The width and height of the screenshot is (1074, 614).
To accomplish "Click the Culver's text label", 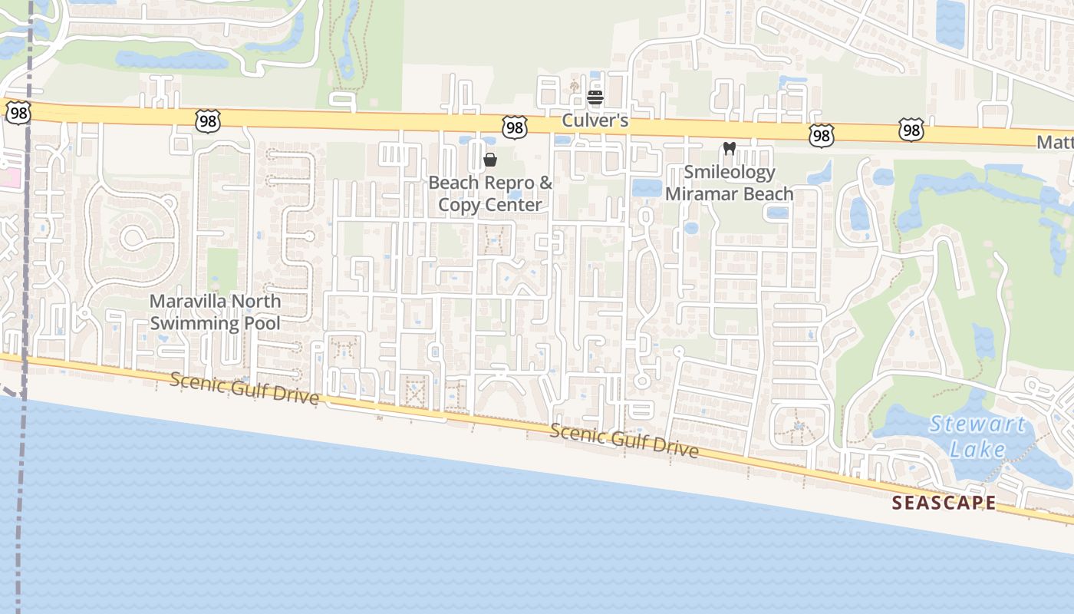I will point(595,120).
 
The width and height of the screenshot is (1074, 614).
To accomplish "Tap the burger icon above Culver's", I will point(595,97).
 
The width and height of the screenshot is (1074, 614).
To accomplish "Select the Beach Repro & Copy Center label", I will point(490,193).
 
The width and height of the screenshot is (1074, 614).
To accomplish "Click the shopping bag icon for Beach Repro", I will point(490,160).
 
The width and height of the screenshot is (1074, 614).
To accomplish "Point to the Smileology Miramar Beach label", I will point(729,183).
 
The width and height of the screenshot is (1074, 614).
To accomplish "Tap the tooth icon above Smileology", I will point(729,148).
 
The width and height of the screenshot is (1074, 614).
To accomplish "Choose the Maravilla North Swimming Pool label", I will point(215,312).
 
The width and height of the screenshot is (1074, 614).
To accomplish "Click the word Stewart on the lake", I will point(977,424).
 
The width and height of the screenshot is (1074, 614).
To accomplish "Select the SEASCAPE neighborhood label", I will point(944,503).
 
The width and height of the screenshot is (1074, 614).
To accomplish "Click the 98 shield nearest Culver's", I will point(514,127).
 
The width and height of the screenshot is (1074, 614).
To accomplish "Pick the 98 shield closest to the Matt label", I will point(911,130).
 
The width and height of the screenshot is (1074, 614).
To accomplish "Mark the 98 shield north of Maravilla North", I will point(207,120).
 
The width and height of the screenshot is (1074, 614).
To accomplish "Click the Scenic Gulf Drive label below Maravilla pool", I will point(244,388).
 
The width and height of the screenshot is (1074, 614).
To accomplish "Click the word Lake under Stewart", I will point(977,448).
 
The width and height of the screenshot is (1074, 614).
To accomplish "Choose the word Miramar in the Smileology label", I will point(699,193).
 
